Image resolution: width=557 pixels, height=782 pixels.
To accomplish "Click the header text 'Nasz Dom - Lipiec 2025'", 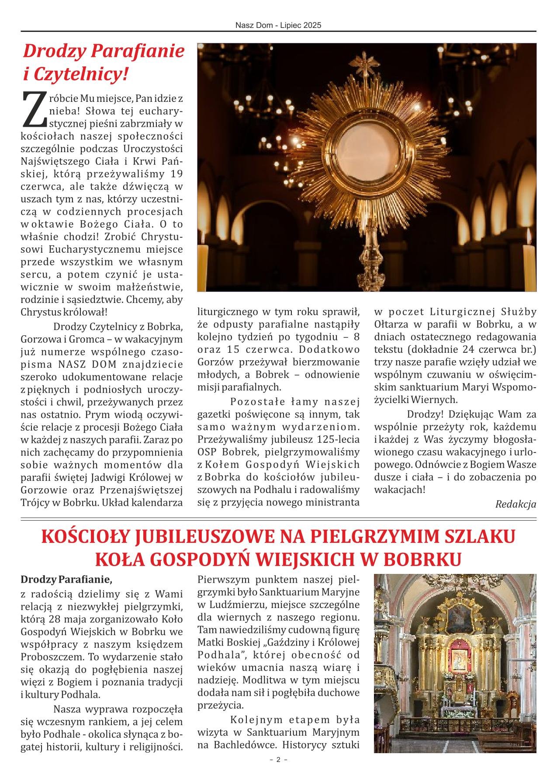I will click(x=278, y=25).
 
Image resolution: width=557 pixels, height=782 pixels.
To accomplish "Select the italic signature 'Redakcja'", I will click(x=515, y=504).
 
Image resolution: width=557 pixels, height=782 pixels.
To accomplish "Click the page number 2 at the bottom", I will click(x=278, y=772).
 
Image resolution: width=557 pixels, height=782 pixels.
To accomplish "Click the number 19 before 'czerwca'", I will click(x=176, y=174).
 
